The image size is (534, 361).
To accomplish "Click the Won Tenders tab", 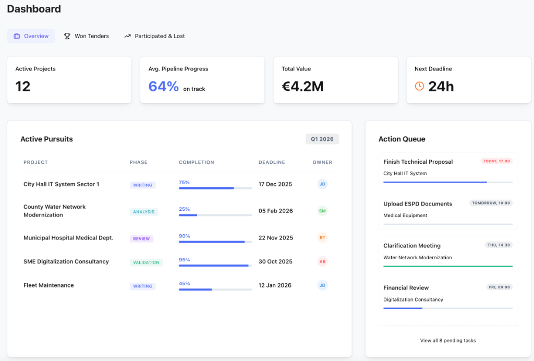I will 87,36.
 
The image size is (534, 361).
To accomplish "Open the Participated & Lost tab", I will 154,36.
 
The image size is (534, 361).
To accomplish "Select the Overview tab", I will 31,36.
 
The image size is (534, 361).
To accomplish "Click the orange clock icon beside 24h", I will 419,86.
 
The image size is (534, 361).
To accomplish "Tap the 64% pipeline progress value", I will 164,87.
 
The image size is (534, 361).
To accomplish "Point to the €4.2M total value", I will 302,87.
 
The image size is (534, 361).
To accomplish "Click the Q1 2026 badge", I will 322,139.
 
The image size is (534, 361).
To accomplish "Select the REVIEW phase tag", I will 141,238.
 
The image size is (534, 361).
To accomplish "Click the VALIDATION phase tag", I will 146,262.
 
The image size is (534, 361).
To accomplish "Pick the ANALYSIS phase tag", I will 144,212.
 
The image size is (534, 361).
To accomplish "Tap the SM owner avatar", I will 322,211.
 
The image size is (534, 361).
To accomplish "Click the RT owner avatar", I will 322,237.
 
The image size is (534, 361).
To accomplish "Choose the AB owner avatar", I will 322,261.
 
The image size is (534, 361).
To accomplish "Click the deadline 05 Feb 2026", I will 275,211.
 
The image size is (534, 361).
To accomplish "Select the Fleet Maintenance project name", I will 48,285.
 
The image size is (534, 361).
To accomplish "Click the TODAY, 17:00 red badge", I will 496,161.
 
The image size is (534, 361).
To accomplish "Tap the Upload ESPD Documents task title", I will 418,204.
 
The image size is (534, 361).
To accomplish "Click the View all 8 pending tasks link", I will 448,341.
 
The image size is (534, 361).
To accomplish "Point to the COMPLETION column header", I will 196,162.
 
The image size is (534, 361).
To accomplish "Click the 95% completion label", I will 184,259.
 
